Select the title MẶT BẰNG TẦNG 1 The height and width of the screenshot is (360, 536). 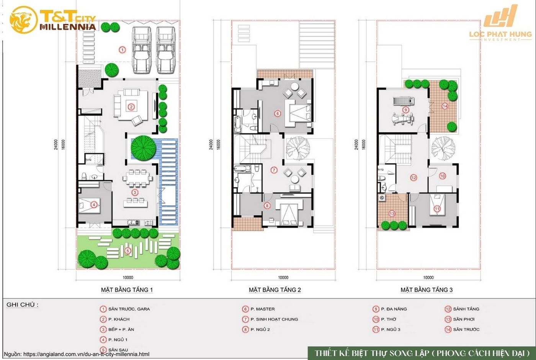[127, 290]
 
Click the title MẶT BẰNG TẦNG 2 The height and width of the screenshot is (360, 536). [275, 290]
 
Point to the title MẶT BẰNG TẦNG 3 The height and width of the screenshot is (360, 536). [427, 290]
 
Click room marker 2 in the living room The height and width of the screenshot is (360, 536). [131, 107]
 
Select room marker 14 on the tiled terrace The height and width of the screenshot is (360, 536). [444, 106]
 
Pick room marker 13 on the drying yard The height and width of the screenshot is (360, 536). [392, 213]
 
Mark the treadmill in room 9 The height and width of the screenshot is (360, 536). [403, 101]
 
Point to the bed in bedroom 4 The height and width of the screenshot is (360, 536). [90, 205]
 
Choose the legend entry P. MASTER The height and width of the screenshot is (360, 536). [262, 309]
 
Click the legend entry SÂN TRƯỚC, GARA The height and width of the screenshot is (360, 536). [129, 309]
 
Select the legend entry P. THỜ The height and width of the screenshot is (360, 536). [388, 319]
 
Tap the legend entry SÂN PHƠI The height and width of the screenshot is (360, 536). [464, 319]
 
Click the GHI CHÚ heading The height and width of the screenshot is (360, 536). [22, 305]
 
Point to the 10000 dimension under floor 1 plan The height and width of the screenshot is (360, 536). [128, 278]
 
